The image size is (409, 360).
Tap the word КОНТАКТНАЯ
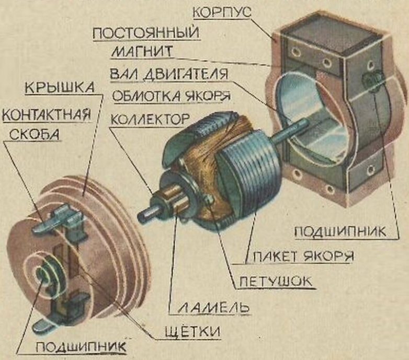(x=46, y=113)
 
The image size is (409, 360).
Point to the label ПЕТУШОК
(x=276, y=283)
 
